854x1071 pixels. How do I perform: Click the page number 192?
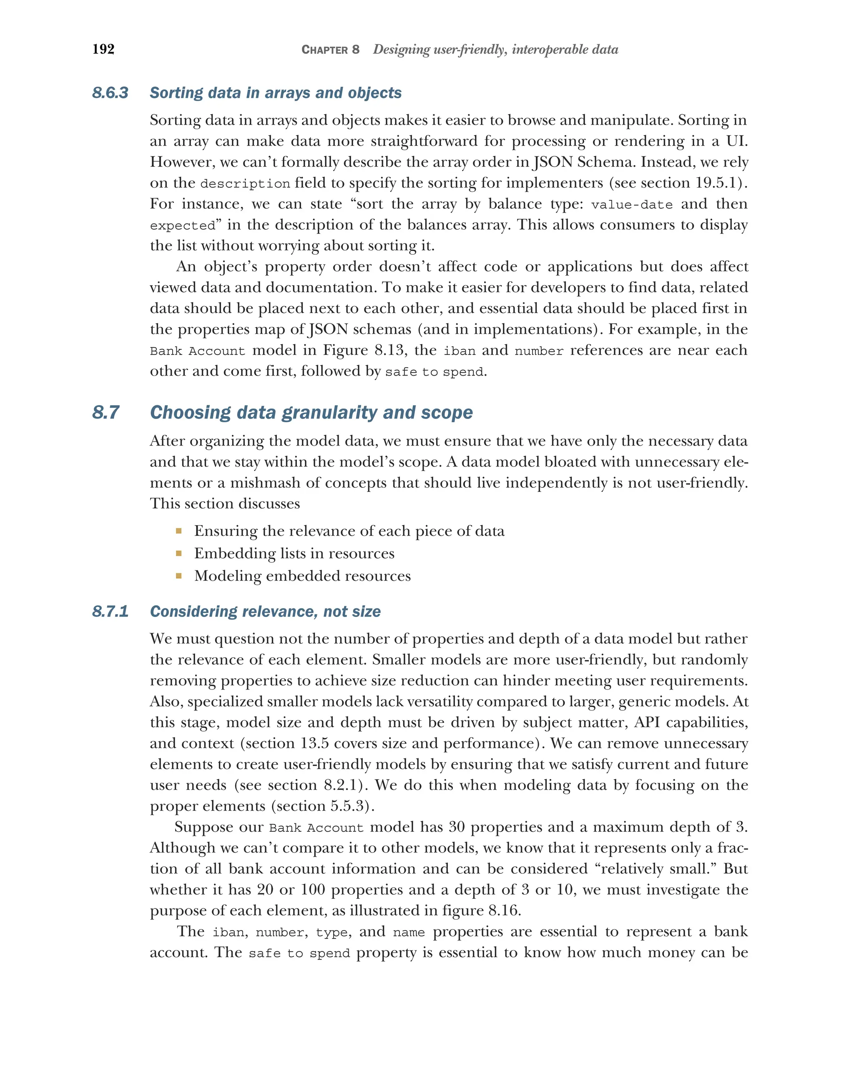tap(103, 49)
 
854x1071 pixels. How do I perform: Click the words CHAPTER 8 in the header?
tap(330, 50)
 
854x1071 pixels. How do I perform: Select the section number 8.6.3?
tap(110, 93)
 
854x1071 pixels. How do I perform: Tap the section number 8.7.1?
tap(110, 612)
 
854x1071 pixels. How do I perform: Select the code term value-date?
tap(631, 205)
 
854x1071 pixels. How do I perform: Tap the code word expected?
tap(182, 226)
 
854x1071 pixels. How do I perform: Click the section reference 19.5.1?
tap(716, 183)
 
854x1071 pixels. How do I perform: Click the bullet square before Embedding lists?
tap(179, 553)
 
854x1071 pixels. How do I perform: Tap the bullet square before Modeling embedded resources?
tap(179, 576)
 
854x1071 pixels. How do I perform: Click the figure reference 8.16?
tap(503, 910)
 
